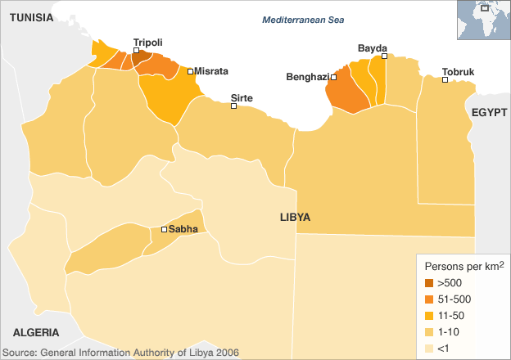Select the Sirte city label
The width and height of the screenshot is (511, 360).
point(242,97)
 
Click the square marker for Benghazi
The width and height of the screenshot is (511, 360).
point(334,78)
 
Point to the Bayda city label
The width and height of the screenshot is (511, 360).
point(372,48)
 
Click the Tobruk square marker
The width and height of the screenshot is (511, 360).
point(445,80)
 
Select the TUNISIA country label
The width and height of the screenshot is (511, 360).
point(32,16)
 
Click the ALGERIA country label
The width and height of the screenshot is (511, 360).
point(35,332)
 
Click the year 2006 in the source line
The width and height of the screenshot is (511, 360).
point(225,353)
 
